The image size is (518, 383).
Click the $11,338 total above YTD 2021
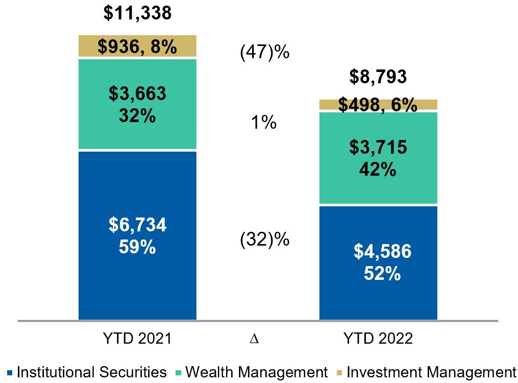tap(137, 14)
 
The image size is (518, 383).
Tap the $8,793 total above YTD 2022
tap(378, 77)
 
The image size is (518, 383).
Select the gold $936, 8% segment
tap(137, 46)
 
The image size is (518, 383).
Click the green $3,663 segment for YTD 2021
tap(137, 105)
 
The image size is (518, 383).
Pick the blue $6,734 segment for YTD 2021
tap(137, 235)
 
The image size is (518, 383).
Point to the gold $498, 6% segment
tap(378, 105)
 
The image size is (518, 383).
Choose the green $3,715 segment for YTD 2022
tap(378, 158)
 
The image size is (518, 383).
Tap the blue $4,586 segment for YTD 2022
tap(378, 262)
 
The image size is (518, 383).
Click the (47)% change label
tap(265, 52)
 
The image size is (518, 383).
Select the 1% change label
tap(265, 123)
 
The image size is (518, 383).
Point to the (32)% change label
tap(265, 239)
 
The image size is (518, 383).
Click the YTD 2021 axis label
tap(137, 339)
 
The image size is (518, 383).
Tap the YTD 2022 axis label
tap(378, 339)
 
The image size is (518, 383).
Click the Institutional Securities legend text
tap(91, 372)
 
